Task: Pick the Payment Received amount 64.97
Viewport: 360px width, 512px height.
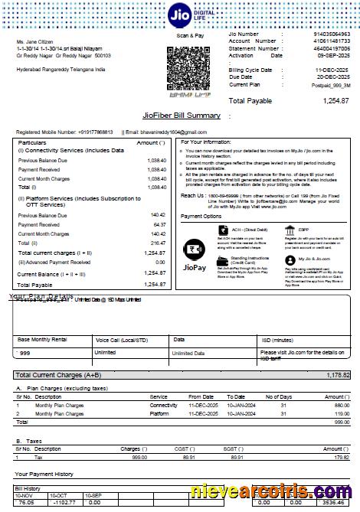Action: tap(157, 225)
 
